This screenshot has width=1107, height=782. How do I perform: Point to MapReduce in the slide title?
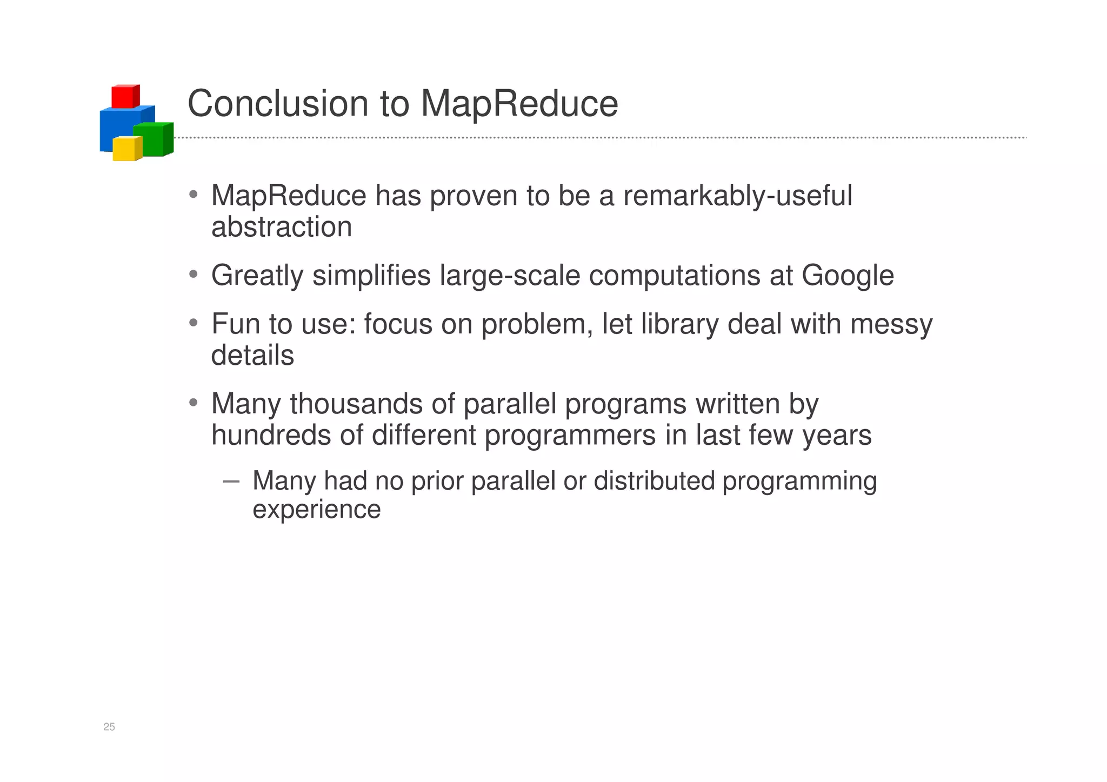[x=519, y=103]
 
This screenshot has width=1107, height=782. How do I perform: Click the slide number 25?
[x=109, y=727]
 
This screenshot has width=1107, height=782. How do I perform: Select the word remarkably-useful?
[x=737, y=196]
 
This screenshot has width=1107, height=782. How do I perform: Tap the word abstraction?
[x=282, y=227]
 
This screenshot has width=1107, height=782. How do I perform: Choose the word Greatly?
[x=257, y=276]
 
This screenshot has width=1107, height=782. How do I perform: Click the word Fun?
[x=236, y=324]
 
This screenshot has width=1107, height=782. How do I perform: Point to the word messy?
[x=891, y=324]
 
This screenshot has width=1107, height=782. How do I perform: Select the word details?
[x=252, y=356]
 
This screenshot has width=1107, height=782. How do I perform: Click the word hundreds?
[x=271, y=435]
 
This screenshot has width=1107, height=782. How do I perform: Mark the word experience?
[x=317, y=510]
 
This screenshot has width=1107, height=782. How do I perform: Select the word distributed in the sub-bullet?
[x=654, y=481]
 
